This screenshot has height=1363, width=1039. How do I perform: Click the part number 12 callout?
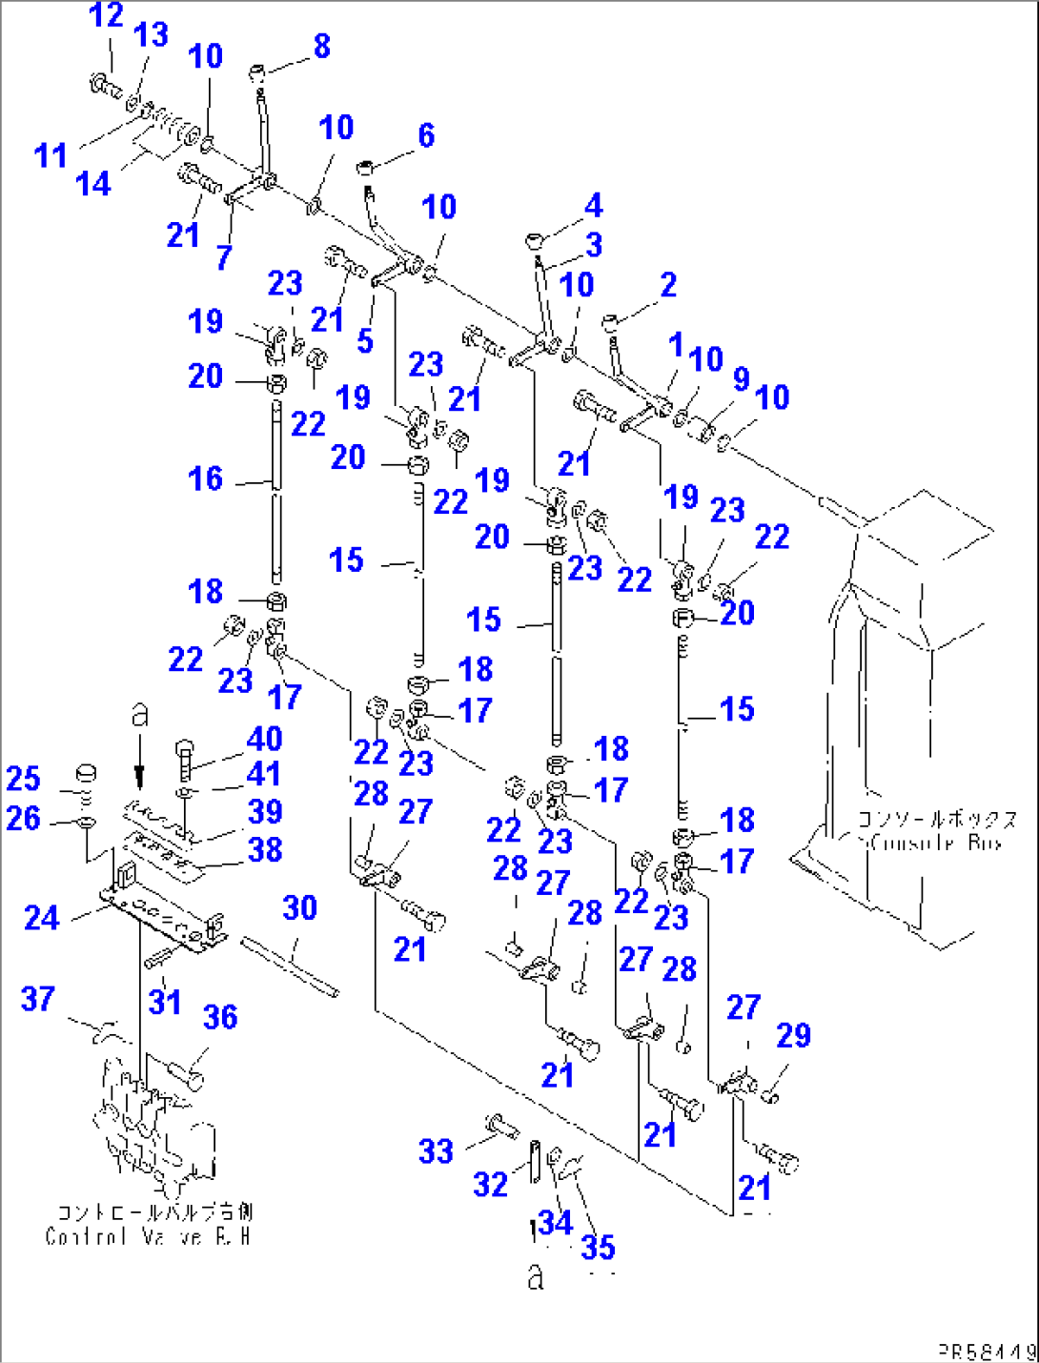[x=106, y=15]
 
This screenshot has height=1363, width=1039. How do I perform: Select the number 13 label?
[x=151, y=35]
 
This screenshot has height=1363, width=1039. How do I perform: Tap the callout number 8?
[x=321, y=46]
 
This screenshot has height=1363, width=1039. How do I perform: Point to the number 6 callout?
[x=425, y=135]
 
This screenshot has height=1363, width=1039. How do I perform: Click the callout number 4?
[x=593, y=205]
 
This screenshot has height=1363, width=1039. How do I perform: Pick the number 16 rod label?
[x=205, y=478]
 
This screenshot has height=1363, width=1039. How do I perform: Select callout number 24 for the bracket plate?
[x=41, y=918]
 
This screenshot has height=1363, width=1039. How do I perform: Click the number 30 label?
[x=299, y=907]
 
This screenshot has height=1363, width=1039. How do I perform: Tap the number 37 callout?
[x=38, y=999]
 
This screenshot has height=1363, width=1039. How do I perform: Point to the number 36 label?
[x=220, y=1017]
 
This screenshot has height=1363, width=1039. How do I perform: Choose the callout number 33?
[x=436, y=1150]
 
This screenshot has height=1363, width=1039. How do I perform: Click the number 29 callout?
[x=793, y=1035]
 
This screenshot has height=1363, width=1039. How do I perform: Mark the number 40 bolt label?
[x=264, y=739]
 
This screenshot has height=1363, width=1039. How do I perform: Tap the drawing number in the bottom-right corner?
[x=987, y=1351]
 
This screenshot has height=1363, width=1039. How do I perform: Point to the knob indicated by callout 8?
[x=257, y=72]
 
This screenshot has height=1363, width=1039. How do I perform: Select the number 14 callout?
[x=93, y=183]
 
